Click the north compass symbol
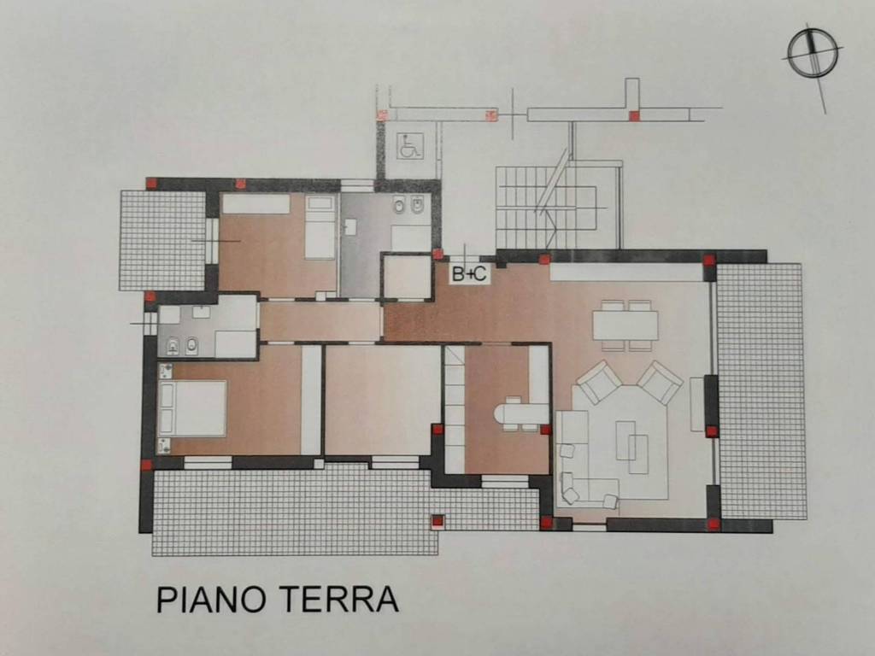coord(812,53)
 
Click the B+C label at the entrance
coord(469,274)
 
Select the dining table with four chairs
coord(625,325)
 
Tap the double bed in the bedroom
coord(193,408)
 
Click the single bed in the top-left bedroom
coord(320,226)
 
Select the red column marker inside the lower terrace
coord(437,520)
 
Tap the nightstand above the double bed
coord(166,371)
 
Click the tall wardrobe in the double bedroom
coord(311,399)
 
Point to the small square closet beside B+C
coord(407,277)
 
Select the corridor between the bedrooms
coord(320,321)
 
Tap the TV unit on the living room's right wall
coord(697,403)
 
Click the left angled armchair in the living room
coord(598,382)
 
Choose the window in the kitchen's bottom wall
coord(505,481)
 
